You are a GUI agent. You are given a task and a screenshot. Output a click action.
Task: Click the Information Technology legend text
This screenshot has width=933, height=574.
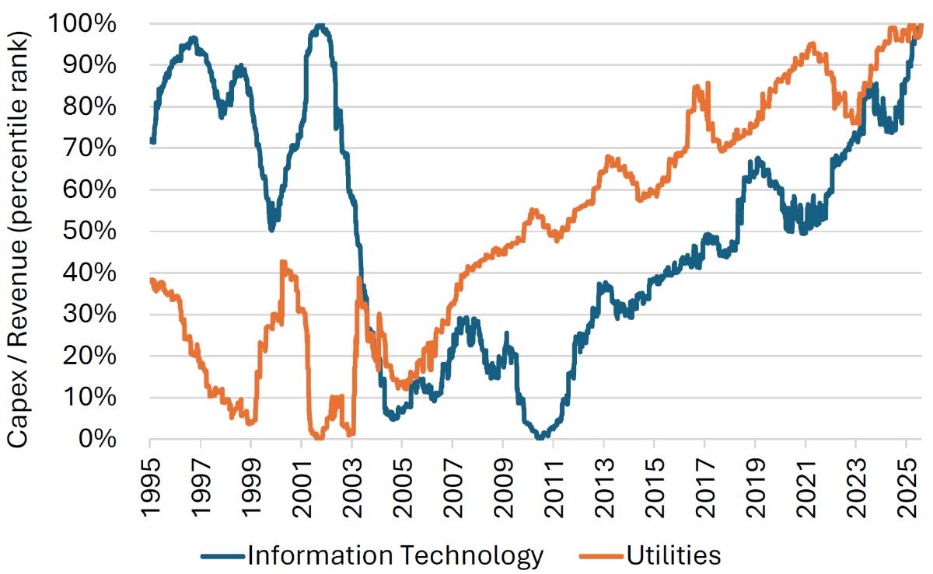395,555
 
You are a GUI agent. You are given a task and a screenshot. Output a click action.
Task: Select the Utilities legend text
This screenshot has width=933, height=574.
673,555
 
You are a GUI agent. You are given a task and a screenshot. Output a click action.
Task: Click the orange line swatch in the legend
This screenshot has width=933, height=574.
602,555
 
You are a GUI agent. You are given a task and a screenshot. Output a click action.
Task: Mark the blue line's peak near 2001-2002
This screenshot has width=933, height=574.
320,26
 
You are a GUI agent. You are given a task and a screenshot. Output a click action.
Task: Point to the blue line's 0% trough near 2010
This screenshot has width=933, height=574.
539,438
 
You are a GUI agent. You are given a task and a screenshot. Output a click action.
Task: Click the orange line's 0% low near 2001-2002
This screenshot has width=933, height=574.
317,438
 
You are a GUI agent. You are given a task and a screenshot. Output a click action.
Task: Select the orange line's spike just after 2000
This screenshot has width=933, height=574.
283,263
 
